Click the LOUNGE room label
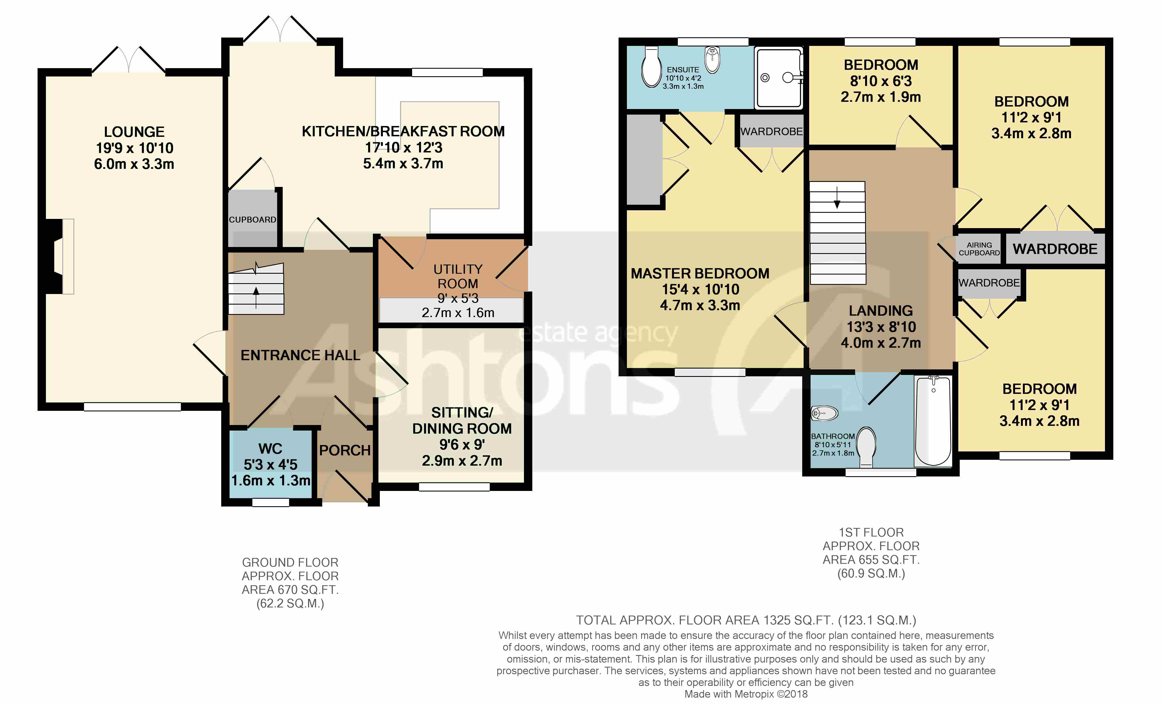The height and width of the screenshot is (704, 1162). pos(134,132)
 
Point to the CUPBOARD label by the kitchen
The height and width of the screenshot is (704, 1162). pos(252,220)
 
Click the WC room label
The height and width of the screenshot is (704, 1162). pos(270,448)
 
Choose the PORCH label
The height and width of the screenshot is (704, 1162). pos(345,450)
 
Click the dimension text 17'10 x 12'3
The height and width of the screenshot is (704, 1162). pos(403,148)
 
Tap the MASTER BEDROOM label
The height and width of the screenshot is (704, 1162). pos(700,273)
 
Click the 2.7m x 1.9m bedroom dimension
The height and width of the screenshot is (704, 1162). pos(880,97)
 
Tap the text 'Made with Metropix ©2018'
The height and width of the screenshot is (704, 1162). pos(745,694)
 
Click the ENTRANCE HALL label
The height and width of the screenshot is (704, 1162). pos(301,355)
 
